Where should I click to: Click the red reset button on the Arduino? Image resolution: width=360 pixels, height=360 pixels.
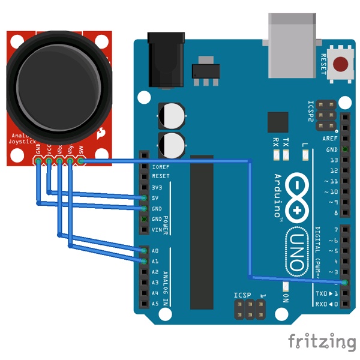[342, 63]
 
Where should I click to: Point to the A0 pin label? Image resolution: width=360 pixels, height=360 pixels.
[155, 251]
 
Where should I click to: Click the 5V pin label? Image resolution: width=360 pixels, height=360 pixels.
[155, 198]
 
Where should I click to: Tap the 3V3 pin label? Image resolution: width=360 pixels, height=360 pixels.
[157, 187]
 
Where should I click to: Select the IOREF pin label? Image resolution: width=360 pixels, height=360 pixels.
[161, 166]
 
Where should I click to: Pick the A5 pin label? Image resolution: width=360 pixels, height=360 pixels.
[155, 304]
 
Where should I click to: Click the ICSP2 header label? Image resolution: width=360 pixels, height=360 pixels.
[311, 111]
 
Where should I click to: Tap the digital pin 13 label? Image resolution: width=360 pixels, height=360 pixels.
[334, 160]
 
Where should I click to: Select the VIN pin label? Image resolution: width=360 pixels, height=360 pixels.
[157, 230]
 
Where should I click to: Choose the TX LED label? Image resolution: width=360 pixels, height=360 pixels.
[286, 142]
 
